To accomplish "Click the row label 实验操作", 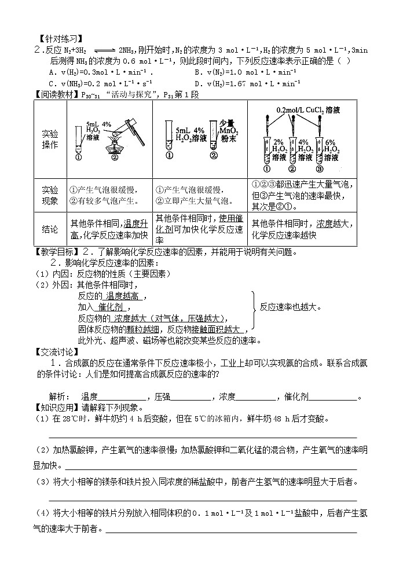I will (x=51, y=140).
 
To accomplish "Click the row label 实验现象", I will (x=51, y=196).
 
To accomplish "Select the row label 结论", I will (x=51, y=229).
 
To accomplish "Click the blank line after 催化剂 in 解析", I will (x=332, y=397).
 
